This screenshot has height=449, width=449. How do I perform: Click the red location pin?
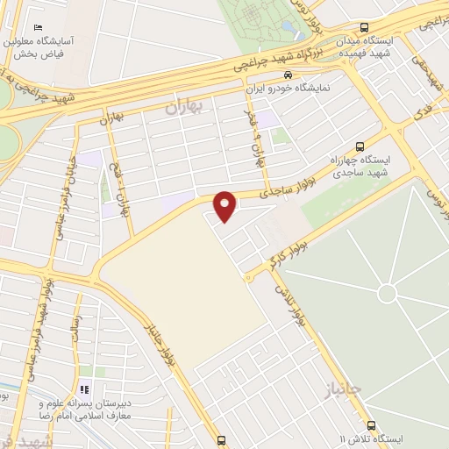tap(225, 206)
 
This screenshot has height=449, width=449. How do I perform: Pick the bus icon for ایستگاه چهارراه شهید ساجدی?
tap(360, 146)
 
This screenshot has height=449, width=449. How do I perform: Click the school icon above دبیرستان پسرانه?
tap(85, 388)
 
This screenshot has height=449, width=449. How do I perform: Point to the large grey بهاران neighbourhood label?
tap(183, 107)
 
